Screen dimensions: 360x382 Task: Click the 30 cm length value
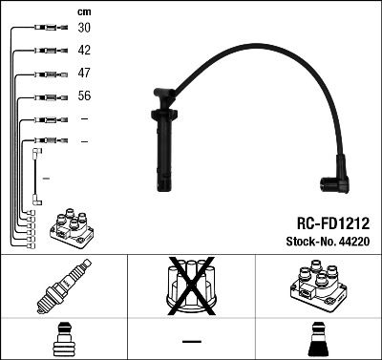point(84,29)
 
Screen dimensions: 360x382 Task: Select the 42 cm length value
point(84,51)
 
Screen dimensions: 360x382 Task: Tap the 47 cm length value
point(84,73)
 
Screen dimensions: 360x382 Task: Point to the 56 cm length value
point(84,95)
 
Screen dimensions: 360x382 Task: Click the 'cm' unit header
point(83,11)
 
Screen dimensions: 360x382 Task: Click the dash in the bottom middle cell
point(191,340)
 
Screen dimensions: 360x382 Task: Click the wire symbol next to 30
point(46,29)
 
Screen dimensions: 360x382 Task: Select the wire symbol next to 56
point(46,95)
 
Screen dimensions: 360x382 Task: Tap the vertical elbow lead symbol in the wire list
point(36,177)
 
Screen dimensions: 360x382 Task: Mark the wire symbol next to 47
point(46,74)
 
